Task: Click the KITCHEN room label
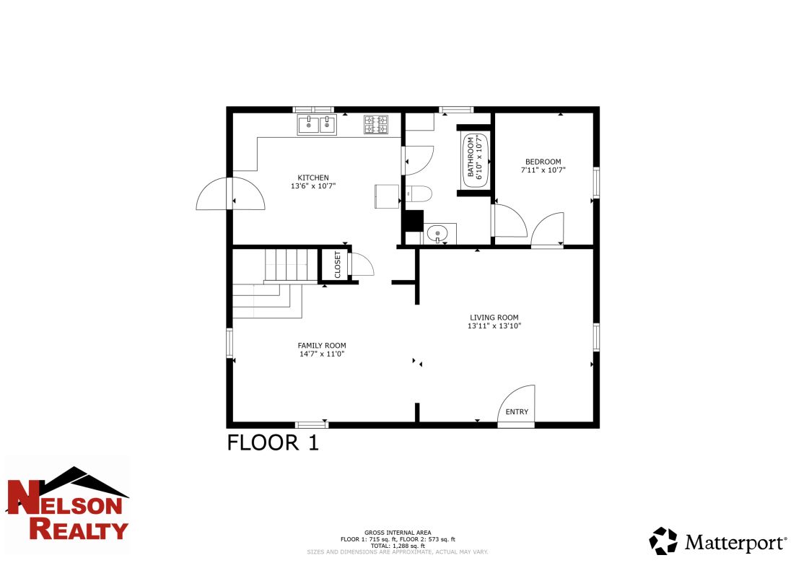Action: coord(313,178)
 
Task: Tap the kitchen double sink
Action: coord(317,126)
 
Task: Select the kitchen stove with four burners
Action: coord(375,125)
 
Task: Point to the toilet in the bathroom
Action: coord(418,193)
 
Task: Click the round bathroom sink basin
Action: coord(437,233)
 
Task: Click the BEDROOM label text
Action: coord(543,162)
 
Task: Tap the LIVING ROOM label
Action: coord(494,318)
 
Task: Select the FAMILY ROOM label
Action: coord(323,346)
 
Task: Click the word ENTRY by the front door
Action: coord(517,412)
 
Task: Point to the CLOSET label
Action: coord(337,264)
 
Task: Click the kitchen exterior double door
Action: coord(231,194)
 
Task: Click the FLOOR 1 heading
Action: coord(273,442)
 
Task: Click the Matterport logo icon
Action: coord(663,541)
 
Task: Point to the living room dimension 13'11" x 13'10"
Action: coord(494,326)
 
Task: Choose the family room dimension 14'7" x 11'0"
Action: coord(323,354)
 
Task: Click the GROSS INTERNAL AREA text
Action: coord(398,532)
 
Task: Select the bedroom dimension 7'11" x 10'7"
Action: coord(543,170)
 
